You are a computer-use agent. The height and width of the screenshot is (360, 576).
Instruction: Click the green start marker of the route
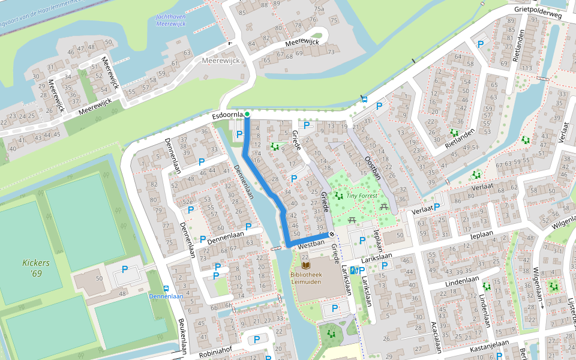[247, 114]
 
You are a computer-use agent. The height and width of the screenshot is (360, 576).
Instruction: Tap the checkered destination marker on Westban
[331, 234]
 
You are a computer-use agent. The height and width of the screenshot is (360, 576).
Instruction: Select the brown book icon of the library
[306, 265]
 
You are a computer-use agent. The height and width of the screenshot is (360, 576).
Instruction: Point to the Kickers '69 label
[36, 268]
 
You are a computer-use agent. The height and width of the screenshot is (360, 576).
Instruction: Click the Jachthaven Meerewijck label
[170, 20]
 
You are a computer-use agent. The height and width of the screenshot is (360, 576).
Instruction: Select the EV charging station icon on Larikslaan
[353, 271]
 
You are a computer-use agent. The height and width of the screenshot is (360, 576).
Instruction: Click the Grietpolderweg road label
[538, 13]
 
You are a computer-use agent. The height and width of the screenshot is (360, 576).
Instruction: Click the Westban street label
[311, 245]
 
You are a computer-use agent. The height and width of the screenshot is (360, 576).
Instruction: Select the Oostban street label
[373, 168]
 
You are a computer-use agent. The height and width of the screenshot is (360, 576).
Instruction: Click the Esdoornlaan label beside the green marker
[227, 115]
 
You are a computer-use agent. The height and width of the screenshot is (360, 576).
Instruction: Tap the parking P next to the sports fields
[125, 269]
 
